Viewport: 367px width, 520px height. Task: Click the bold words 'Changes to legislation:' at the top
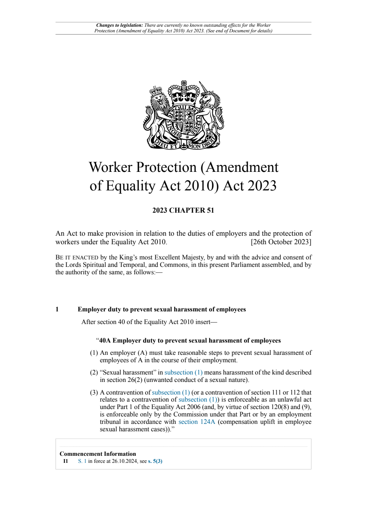click(x=119, y=25)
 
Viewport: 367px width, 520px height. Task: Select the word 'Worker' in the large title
click(x=110, y=167)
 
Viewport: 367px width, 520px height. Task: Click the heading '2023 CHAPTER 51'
click(x=183, y=210)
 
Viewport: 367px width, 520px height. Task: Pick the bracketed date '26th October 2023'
click(x=281, y=242)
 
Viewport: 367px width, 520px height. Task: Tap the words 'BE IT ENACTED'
click(x=77, y=258)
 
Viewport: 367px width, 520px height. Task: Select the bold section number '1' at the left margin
click(x=57, y=310)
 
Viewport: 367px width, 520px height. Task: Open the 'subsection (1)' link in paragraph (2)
click(x=183, y=372)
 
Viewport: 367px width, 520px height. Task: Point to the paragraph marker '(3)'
click(x=94, y=392)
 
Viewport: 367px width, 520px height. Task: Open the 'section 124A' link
click(x=197, y=422)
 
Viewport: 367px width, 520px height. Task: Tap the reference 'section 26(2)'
click(x=121, y=380)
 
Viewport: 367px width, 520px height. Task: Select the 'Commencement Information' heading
click(x=98, y=454)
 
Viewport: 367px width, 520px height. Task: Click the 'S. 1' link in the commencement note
click(x=82, y=461)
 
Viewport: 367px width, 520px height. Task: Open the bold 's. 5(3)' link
click(x=155, y=461)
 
